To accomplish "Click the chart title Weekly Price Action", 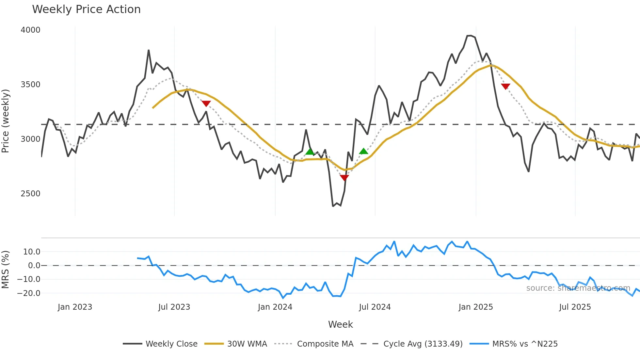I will pos(86,9).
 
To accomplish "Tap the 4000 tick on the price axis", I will pos(30,30).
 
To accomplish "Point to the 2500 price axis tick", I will pos(30,194).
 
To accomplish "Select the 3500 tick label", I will pos(30,85).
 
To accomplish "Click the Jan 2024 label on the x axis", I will pos(275,307).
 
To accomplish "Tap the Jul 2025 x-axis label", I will pos(575,307).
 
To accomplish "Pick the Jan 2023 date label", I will pos(75,307).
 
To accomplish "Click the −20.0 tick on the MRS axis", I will pos(29,293).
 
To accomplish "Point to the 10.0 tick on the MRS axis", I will pos(32,252).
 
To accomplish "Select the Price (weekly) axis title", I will pos(6,121).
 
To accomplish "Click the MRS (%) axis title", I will pos(6,270).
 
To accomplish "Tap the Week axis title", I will pos(340,324).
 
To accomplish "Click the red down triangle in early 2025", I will pos(505,87).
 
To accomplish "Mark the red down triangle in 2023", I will pos(206,104).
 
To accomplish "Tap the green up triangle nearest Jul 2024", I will pos(363,151).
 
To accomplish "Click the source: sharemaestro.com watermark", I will pos(578,288).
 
